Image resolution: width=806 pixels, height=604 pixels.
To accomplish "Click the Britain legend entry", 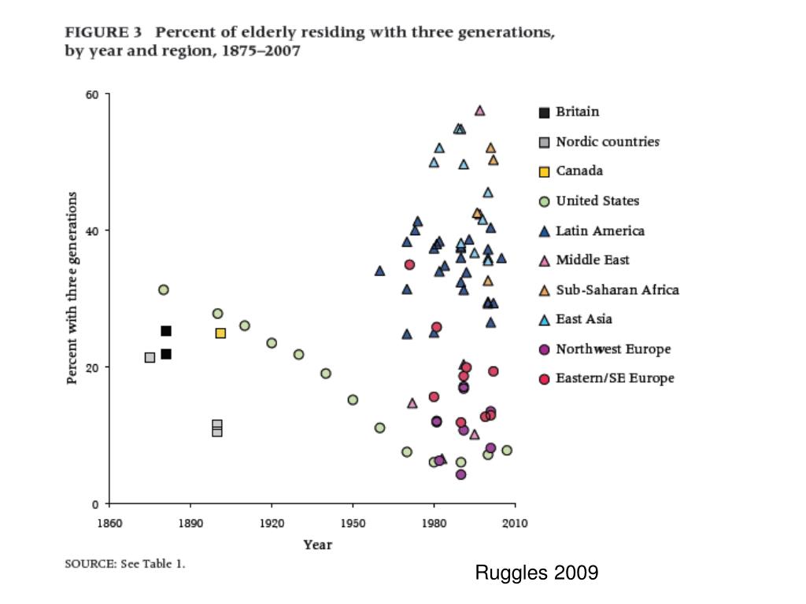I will (577, 112).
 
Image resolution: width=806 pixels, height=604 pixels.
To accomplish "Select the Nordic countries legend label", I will (607, 142).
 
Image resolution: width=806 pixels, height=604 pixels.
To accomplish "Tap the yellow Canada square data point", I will (220, 333).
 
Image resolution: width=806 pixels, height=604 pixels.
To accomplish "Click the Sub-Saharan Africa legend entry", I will (617, 289).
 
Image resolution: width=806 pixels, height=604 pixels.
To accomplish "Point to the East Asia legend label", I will (584, 319).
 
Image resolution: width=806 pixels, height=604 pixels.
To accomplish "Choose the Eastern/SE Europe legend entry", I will (615, 378).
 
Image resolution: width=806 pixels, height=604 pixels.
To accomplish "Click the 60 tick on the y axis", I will (92, 94).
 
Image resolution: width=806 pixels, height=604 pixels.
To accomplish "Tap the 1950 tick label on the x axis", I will (353, 522).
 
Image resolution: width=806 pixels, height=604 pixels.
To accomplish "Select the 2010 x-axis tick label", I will (516, 522).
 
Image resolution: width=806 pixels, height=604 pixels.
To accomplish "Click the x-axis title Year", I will (318, 544).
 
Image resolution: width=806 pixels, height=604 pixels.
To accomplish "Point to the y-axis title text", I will (72, 288).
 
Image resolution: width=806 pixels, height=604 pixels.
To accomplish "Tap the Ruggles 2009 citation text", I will (536, 573).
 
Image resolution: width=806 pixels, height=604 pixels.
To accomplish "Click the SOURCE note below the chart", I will (124, 564).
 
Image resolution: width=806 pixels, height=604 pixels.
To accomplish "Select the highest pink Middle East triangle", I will (479, 110).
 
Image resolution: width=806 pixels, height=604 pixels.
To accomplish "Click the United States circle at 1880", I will (164, 289).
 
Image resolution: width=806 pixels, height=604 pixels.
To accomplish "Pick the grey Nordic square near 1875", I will (150, 357).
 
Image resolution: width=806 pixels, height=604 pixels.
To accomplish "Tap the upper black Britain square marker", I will (166, 330).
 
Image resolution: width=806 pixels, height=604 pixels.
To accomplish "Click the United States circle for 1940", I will (326, 373).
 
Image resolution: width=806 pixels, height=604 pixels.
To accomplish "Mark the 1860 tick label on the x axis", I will (109, 522).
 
